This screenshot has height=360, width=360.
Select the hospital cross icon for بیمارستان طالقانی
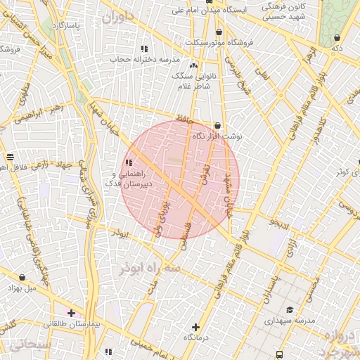pos(71,312)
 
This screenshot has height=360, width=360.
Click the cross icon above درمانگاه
pos(195,327)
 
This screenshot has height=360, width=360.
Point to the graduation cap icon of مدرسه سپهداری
pos(290,310)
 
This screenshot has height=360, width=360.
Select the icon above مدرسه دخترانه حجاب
pos(144,49)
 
